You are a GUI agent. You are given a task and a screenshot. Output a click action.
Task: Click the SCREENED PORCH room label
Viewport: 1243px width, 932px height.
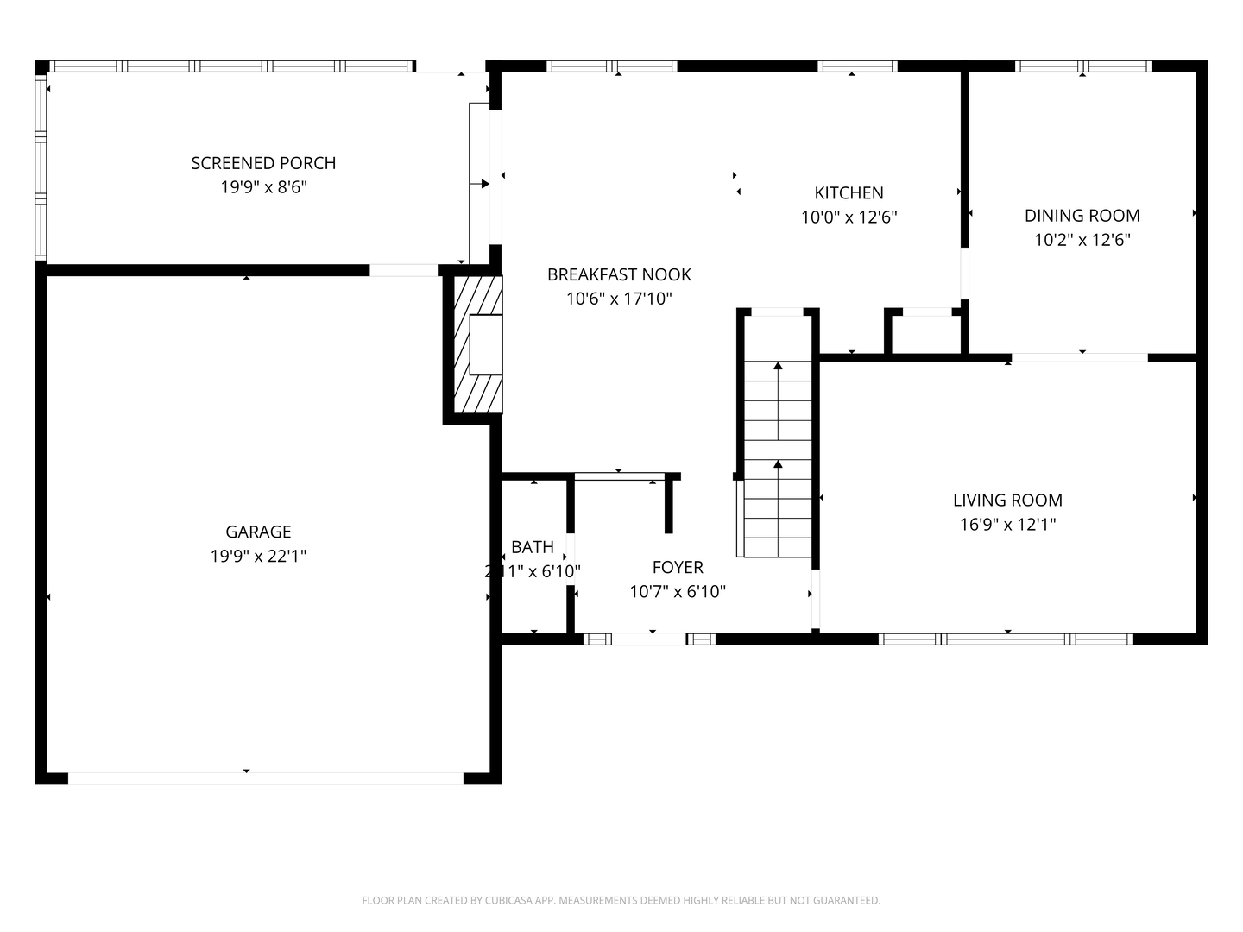tap(263, 163)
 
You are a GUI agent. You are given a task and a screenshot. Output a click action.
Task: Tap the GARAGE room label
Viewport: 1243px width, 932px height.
tap(258, 532)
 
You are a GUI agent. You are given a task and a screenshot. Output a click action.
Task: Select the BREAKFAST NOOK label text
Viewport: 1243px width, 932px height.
tap(619, 274)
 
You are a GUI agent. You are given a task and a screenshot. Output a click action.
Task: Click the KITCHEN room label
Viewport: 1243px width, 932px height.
tap(849, 193)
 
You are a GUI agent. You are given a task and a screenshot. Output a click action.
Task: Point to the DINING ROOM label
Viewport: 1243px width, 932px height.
tap(1082, 216)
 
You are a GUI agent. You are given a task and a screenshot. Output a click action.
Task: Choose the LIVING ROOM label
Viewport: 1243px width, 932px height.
tap(1007, 500)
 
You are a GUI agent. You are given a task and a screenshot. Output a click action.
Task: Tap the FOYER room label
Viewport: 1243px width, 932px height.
tap(678, 567)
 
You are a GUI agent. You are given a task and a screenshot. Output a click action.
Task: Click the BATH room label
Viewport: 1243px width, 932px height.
tap(533, 547)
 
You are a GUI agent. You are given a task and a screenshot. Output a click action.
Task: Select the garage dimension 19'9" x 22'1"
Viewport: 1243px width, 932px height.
tap(258, 557)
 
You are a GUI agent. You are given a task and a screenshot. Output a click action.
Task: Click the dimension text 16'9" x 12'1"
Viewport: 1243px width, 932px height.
tap(1007, 524)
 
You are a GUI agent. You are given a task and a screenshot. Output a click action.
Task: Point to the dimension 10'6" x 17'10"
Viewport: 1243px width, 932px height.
tap(619, 299)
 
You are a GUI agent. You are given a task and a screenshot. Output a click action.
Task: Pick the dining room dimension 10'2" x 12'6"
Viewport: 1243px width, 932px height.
tap(1082, 240)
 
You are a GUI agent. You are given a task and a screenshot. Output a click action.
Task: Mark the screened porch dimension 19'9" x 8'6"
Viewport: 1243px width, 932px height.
tap(263, 187)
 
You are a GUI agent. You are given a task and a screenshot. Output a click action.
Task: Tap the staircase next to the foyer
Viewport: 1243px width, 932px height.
tap(778, 457)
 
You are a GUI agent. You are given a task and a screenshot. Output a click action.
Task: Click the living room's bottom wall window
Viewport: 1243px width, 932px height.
tap(1006, 639)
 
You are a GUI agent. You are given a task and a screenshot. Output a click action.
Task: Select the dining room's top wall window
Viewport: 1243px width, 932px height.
tap(1082, 66)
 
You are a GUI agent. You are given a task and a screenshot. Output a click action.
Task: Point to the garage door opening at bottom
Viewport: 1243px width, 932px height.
tap(265, 778)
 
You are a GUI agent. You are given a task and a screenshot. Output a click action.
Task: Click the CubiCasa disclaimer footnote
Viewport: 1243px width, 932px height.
tap(621, 900)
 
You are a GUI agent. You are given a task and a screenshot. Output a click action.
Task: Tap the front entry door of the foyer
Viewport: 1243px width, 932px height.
tap(649, 639)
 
